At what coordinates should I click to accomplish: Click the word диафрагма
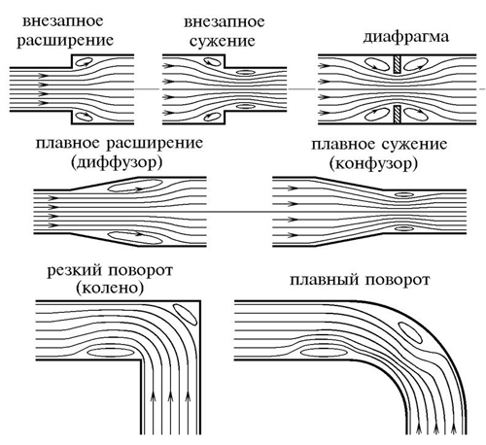coord(406,37)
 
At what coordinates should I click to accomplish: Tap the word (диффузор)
coord(117,162)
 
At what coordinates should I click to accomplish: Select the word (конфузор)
coord(373,163)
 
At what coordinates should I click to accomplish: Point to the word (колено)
coord(110,288)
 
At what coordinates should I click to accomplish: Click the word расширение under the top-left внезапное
coord(65,41)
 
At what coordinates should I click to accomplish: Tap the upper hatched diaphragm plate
coord(398,63)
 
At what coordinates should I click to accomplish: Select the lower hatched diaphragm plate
coord(398,115)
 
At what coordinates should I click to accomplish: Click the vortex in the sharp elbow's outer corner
coord(185,314)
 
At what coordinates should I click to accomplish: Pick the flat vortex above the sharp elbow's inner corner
coord(111,352)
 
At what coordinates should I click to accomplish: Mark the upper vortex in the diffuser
coord(135,186)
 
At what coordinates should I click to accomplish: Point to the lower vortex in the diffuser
coord(135,237)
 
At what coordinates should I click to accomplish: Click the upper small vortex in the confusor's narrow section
coord(404,194)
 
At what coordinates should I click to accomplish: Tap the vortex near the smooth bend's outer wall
coord(410,332)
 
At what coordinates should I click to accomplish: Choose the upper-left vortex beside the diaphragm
coord(377,64)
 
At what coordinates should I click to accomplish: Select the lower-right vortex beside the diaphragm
coord(416,114)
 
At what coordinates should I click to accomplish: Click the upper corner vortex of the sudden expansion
coord(85,61)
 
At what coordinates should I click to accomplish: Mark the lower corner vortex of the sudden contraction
coord(212,116)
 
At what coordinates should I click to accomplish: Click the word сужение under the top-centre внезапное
coord(223,42)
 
